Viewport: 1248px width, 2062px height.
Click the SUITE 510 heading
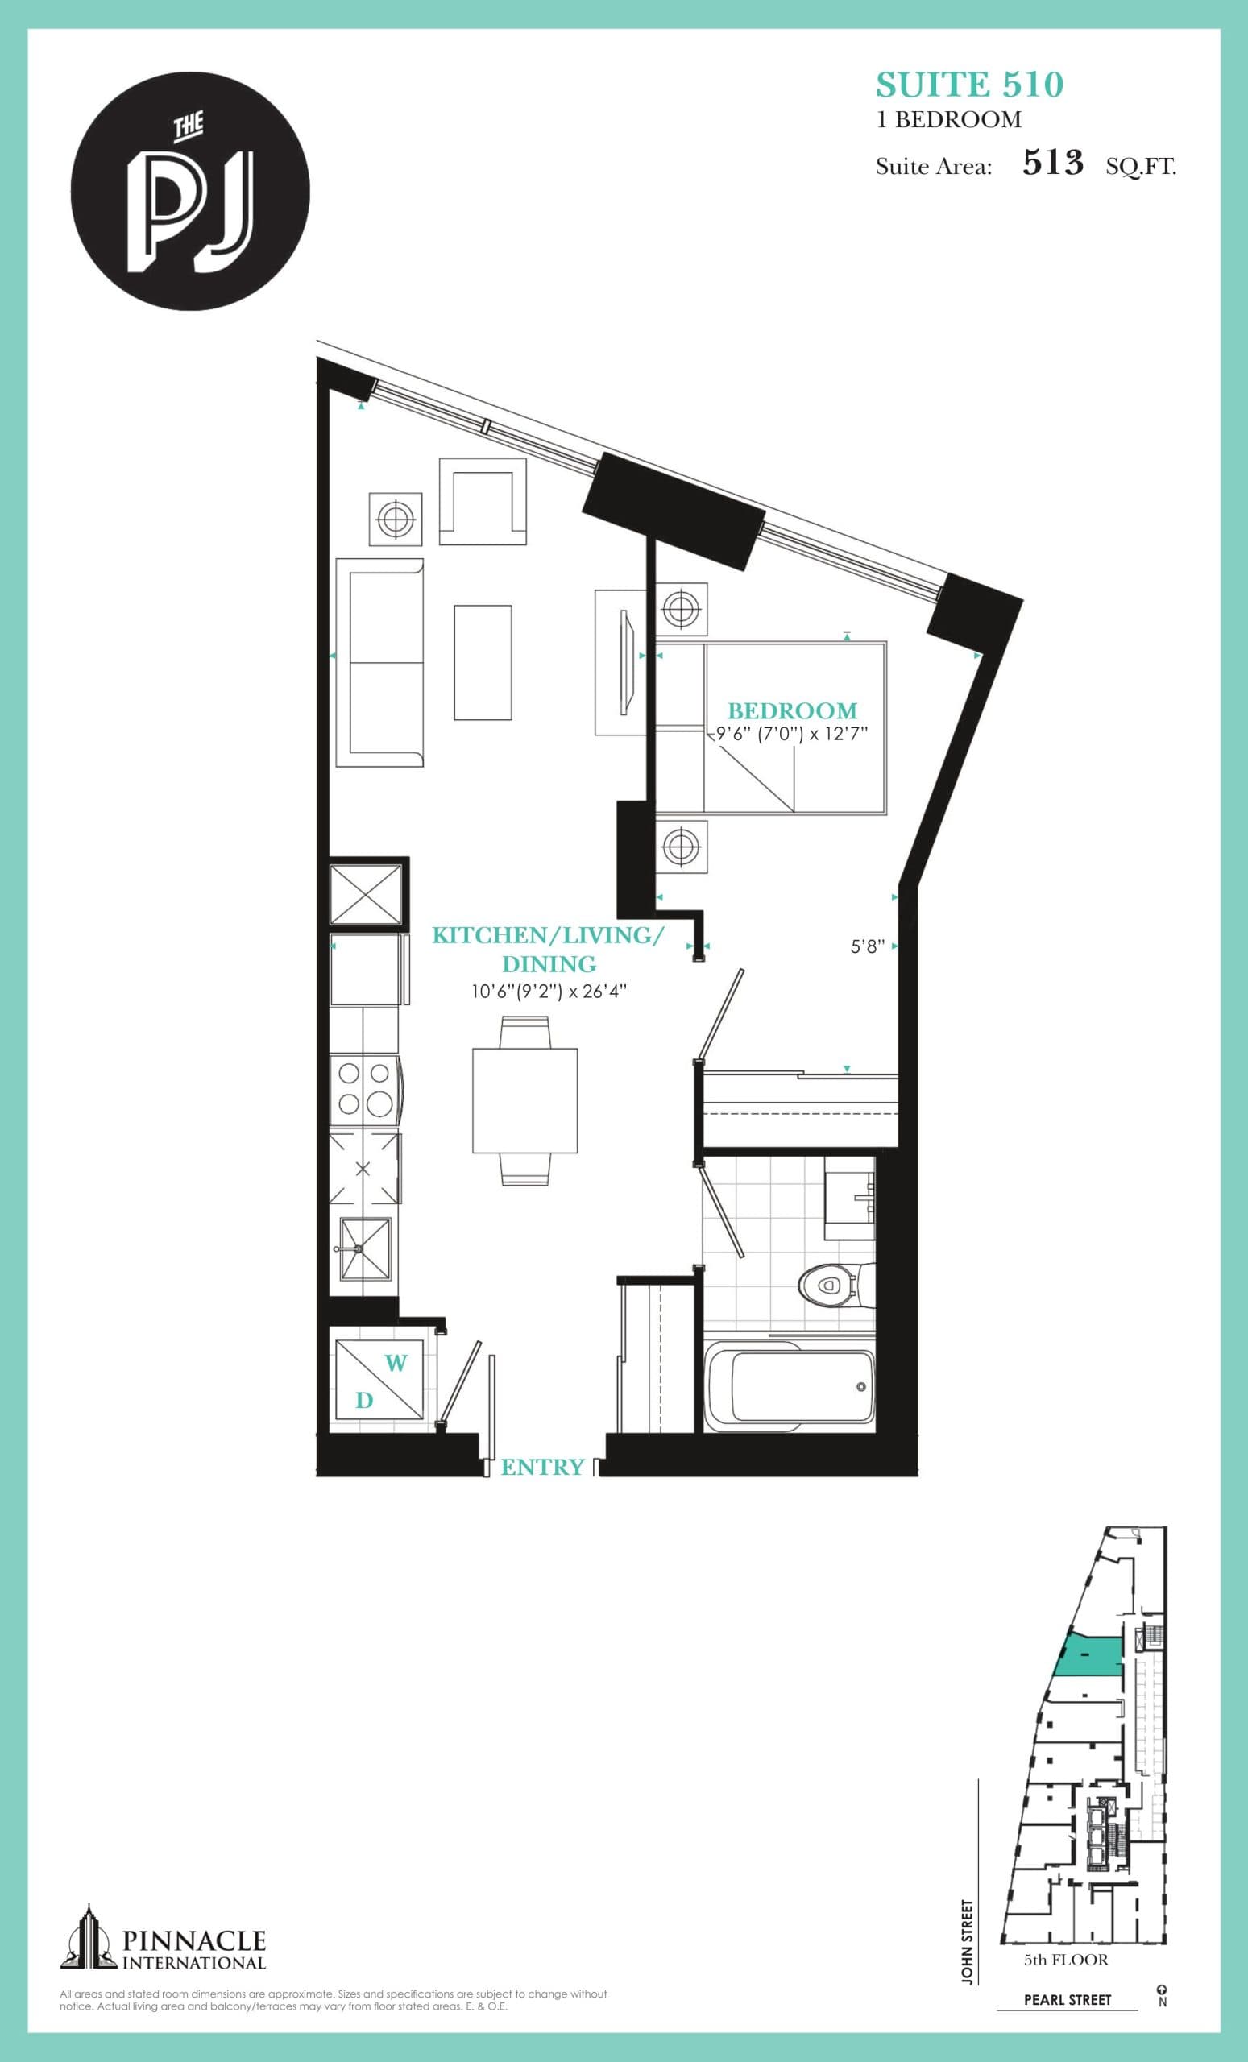click(x=969, y=85)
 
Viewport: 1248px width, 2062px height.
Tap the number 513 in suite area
click(x=1052, y=163)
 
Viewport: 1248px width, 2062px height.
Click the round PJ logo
click(x=190, y=191)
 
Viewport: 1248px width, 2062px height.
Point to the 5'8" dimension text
click(x=867, y=946)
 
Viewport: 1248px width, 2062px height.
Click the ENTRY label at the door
click(x=541, y=1467)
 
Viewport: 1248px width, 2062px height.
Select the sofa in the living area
click(x=379, y=663)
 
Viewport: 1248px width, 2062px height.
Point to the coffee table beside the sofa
click(x=483, y=663)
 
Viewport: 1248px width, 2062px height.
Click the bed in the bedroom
click(x=794, y=727)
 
